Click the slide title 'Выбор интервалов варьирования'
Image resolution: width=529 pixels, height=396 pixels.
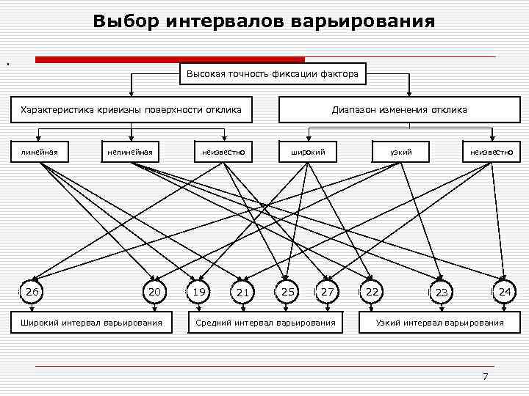tap(264, 21)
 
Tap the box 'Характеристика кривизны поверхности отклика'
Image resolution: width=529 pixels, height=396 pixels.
tap(132, 110)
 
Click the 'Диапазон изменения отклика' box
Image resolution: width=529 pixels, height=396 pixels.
tap(399, 110)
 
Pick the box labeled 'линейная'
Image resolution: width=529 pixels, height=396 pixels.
tap(40, 152)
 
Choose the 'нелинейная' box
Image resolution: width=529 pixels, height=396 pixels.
tap(130, 152)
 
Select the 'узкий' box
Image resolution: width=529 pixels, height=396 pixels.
tap(401, 152)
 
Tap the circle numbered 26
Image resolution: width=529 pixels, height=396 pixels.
tap(32, 292)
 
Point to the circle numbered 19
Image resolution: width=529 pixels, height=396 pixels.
tap(198, 292)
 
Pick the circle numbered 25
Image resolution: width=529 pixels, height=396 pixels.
tap(288, 292)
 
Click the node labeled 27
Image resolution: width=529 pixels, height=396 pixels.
tap(328, 292)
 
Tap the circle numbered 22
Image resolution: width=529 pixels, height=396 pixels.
tap(373, 292)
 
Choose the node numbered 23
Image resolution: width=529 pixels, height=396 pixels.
tap(441, 293)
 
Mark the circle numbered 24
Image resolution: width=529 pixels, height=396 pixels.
tap(504, 292)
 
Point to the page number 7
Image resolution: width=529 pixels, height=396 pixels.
tap(485, 376)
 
